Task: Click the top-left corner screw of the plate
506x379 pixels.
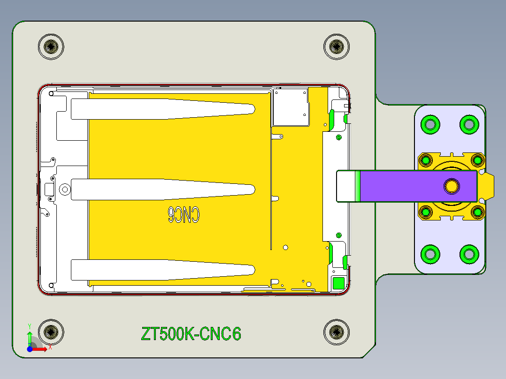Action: (x=51, y=46)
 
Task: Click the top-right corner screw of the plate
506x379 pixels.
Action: (x=337, y=46)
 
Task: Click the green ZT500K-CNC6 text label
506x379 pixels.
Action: (x=191, y=334)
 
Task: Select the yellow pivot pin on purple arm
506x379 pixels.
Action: (x=452, y=186)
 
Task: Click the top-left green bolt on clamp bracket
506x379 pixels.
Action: (x=430, y=124)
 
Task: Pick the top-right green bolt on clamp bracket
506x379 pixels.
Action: (x=468, y=124)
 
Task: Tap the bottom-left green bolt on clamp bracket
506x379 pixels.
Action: (x=430, y=254)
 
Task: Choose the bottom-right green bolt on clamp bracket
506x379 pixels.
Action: (x=468, y=254)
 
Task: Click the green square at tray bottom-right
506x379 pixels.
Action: (x=338, y=283)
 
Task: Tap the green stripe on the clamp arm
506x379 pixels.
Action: (x=358, y=186)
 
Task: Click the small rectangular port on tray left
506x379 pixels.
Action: (x=49, y=189)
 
